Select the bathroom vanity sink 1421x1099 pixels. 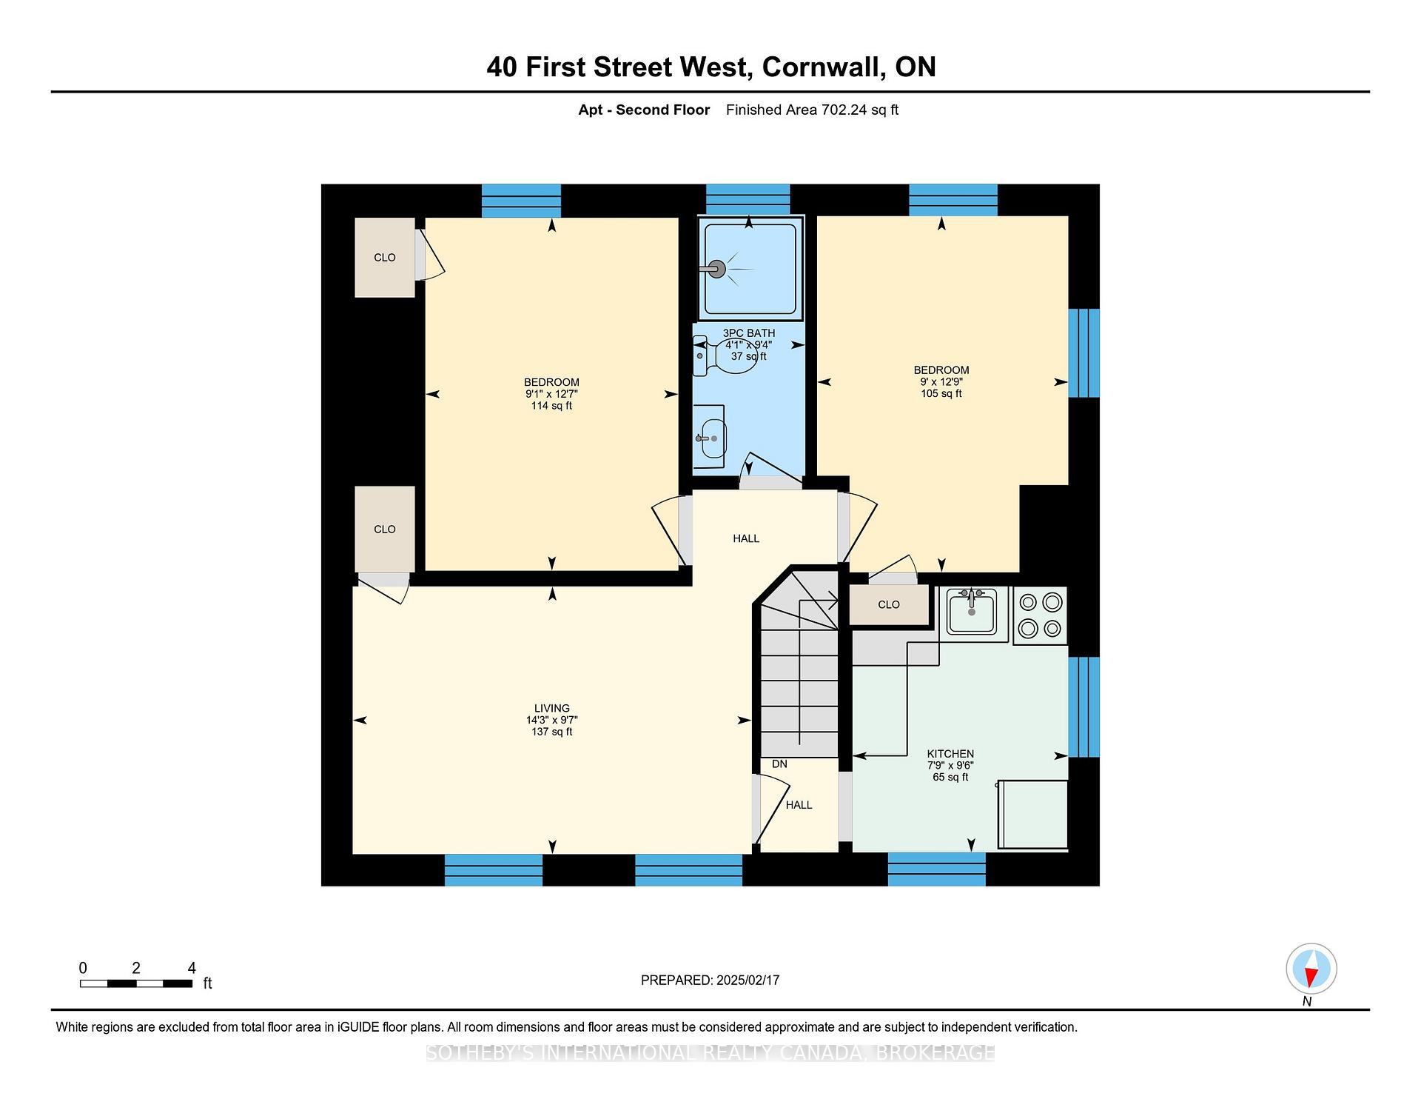(710, 437)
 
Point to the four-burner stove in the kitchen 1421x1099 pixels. (1040, 615)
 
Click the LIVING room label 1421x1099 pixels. (552, 708)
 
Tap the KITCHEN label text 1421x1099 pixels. (950, 754)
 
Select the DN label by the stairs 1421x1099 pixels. (779, 764)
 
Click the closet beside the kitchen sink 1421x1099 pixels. (889, 604)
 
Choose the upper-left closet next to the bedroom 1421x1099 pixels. (385, 258)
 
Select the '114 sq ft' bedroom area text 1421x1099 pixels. (551, 406)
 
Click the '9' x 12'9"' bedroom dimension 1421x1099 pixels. (941, 382)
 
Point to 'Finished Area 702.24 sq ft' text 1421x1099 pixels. (812, 110)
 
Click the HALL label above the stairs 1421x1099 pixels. (746, 538)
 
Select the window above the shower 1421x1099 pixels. (748, 199)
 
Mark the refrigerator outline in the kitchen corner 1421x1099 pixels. (1032, 815)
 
